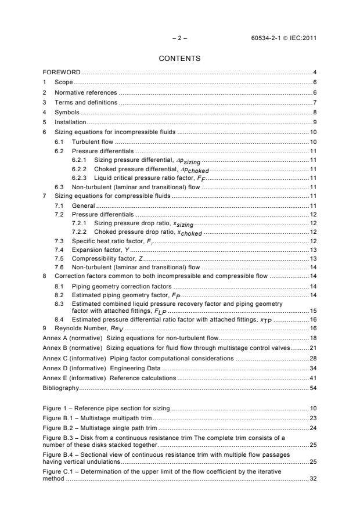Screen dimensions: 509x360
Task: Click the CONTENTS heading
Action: (x=179, y=58)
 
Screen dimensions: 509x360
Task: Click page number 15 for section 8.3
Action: (x=312, y=311)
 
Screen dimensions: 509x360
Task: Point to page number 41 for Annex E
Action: (x=312, y=378)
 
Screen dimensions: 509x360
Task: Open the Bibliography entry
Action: (x=60, y=387)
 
